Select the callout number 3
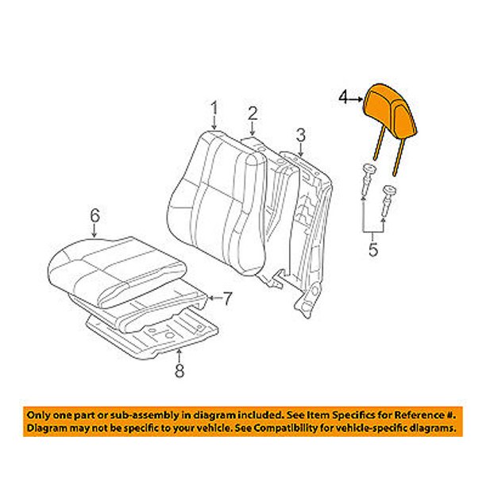point(301,133)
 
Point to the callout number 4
point(343,98)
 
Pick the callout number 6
point(94,214)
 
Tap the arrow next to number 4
point(357,98)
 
